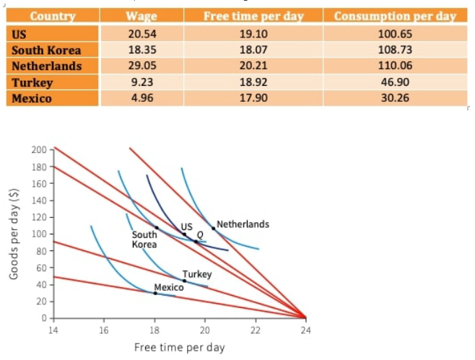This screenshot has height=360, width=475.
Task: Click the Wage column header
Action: (141, 17)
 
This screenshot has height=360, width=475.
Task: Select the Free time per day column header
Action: (253, 17)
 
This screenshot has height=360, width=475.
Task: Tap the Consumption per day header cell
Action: (395, 17)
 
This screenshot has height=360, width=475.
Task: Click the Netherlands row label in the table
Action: (45, 66)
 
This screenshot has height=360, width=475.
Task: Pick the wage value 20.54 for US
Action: (141, 34)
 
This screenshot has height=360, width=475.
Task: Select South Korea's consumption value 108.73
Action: (395, 50)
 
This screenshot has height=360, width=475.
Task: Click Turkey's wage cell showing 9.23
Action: (141, 82)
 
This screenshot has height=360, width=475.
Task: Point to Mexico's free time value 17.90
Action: (253, 98)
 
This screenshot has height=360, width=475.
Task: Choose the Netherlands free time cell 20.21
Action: (253, 66)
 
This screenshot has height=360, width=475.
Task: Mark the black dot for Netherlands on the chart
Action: (214, 228)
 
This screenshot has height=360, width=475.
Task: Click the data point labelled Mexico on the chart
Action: (155, 293)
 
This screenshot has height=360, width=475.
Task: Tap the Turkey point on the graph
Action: (183, 281)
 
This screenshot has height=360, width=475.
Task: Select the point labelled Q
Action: (195, 240)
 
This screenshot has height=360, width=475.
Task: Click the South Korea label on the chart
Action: (144, 240)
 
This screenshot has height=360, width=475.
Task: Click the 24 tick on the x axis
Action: (305, 330)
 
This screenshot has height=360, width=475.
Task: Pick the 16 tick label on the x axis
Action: (104, 330)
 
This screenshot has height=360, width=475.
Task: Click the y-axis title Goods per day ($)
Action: (13, 234)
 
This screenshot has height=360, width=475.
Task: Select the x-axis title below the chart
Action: (179, 348)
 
